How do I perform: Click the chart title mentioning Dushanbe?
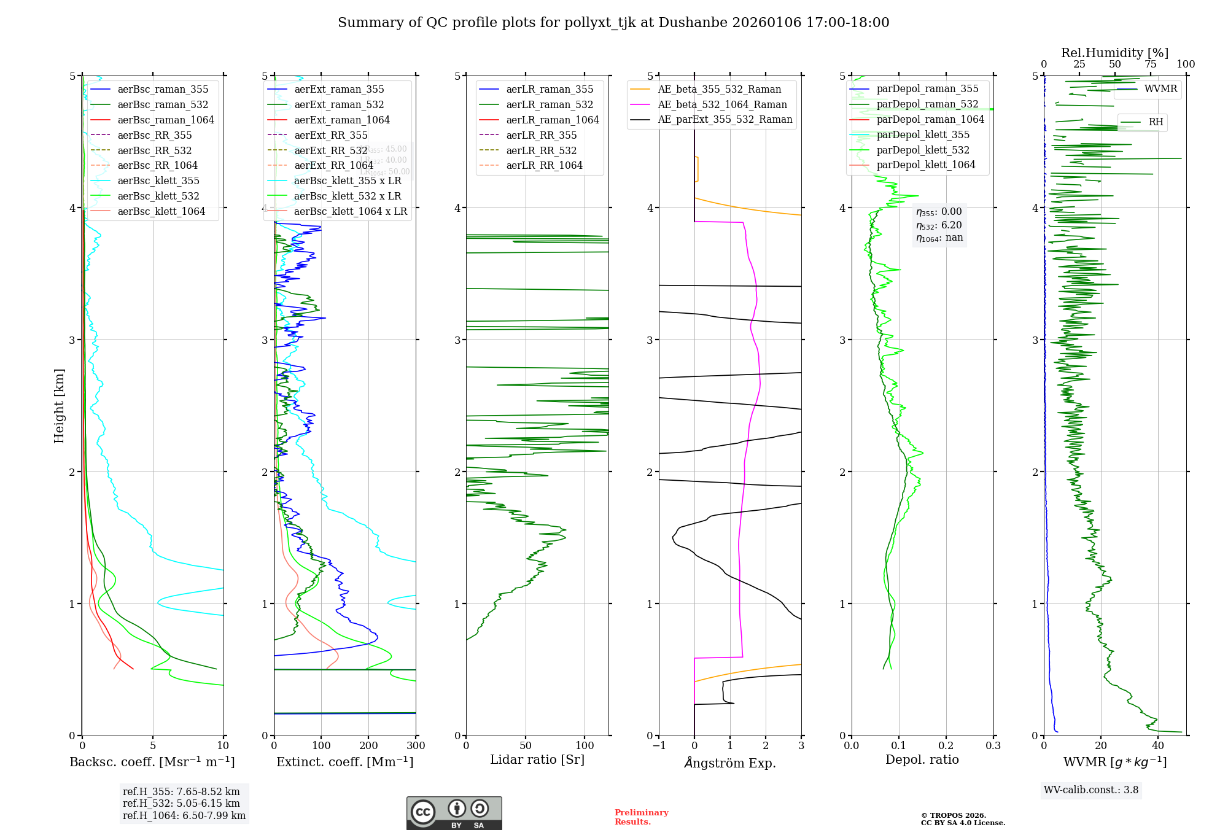[613, 23]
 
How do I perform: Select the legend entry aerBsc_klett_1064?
[161, 211]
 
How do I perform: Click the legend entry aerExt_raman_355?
[339, 89]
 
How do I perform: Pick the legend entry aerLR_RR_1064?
[544, 165]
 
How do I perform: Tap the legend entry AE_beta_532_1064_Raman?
[722, 104]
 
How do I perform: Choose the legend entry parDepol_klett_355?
[923, 134]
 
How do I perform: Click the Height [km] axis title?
[59, 405]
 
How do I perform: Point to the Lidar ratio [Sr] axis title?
[537, 759]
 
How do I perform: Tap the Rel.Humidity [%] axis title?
[1114, 53]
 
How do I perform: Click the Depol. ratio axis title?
[922, 759]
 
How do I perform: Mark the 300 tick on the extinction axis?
[416, 745]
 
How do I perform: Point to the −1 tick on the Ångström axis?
[659, 745]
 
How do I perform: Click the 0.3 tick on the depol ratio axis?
[993, 745]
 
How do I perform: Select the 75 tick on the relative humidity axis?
[1150, 64]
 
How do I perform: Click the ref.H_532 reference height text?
[181, 803]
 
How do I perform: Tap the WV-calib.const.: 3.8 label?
[1091, 790]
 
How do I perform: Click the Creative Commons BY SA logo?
[454, 813]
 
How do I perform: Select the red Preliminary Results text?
[641, 817]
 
